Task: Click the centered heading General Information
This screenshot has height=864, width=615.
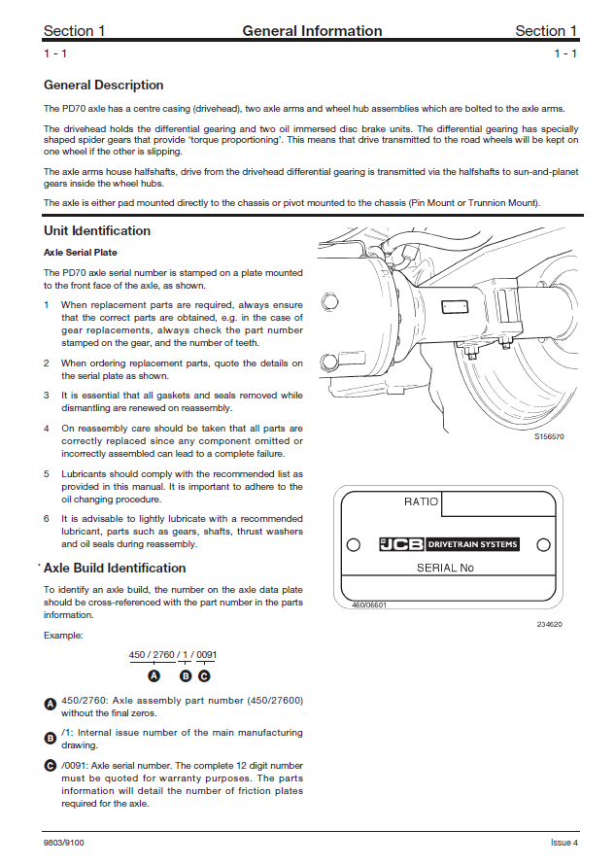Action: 312,31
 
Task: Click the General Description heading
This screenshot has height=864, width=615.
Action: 104,86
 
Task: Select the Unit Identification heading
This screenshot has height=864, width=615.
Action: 97,231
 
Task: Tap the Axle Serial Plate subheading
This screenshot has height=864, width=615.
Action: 81,253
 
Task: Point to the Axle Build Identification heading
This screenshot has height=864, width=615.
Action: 115,569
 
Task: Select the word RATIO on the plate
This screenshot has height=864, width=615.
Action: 422,502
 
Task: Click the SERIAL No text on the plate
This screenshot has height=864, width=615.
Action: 445,568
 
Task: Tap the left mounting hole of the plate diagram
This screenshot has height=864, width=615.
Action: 354,544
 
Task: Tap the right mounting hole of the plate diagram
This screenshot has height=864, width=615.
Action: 543,544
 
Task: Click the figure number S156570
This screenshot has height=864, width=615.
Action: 549,437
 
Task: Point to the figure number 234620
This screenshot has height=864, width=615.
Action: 550,625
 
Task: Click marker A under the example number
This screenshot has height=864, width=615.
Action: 154,675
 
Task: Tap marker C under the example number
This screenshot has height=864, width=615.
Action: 204,675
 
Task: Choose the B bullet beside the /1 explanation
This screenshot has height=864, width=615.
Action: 51,738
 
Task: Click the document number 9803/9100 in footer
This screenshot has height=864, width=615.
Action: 63,842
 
